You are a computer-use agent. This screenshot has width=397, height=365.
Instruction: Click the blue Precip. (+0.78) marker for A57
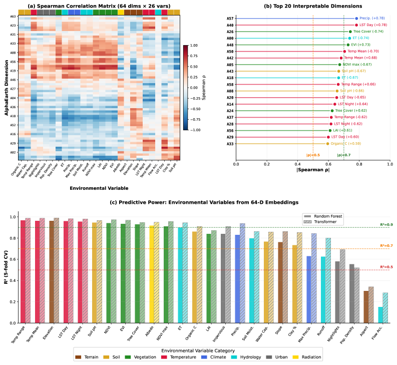pos(356,19)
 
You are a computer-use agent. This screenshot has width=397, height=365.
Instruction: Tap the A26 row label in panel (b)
pos(230,32)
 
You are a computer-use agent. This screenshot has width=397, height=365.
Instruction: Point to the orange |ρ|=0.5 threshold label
pos(313,155)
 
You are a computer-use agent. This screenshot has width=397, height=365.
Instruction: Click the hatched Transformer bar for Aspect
pos(370,305)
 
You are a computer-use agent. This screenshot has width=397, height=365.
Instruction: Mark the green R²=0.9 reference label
pos(386,224)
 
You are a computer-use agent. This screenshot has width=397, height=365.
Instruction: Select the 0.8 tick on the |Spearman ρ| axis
pos(359,164)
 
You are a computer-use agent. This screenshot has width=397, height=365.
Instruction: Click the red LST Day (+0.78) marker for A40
pos(356,25)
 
